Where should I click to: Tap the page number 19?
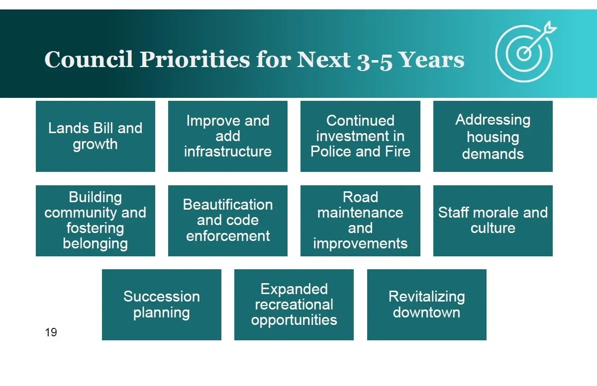tap(51, 332)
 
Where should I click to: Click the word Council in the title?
tap(89, 59)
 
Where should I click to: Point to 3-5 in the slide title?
tap(375, 62)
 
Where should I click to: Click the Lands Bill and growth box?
tap(96, 136)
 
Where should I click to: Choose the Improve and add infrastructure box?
tap(228, 136)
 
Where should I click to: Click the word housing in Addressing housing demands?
tap(493, 138)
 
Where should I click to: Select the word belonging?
tap(96, 244)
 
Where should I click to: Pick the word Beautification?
tap(228, 205)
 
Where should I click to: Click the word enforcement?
tap(228, 236)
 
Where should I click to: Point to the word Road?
tap(360, 197)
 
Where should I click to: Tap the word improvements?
tap(360, 244)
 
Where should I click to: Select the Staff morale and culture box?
tap(493, 221)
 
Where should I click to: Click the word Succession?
tap(162, 297)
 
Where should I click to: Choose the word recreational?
tap(294, 305)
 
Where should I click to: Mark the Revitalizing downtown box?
tap(427, 305)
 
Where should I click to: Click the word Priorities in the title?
tap(195, 59)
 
